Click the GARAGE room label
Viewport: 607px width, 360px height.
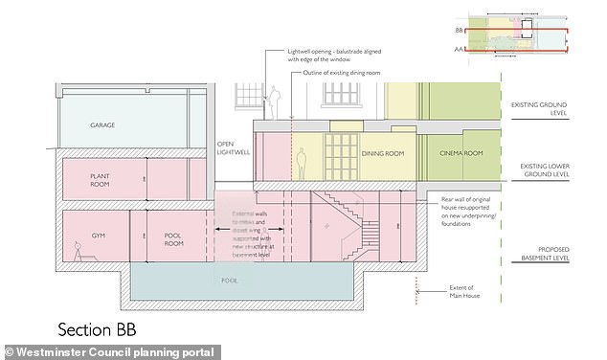click(x=102, y=125)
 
